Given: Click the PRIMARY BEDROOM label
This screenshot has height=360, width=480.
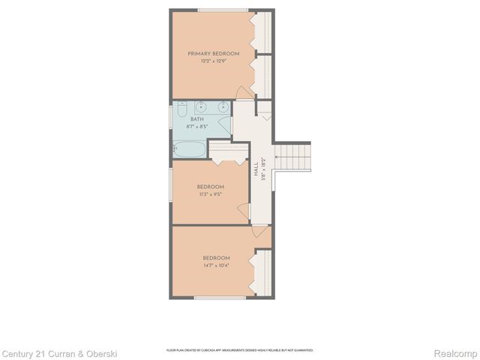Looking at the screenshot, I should pyautogui.click(x=213, y=53).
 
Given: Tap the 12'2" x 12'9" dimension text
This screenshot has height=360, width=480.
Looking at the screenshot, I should pyautogui.click(x=213, y=61).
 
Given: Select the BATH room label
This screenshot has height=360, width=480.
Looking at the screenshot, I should pyautogui.click(x=196, y=119).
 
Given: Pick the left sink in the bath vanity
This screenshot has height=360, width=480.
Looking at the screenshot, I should pyautogui.click(x=203, y=106).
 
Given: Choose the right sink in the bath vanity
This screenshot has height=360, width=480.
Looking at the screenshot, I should pyautogui.click(x=223, y=106).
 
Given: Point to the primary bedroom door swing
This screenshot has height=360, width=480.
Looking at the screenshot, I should pyautogui.click(x=244, y=92).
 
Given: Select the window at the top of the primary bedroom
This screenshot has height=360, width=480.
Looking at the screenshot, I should pyautogui.click(x=223, y=10).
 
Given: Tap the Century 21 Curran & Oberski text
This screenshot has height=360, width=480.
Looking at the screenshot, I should pyautogui.click(x=59, y=352).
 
